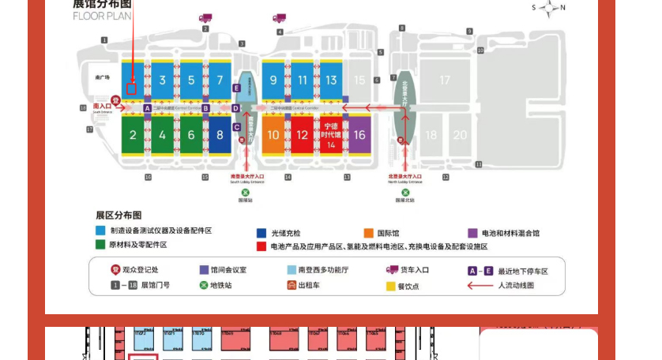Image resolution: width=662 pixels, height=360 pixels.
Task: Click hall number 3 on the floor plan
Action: pos(162,80)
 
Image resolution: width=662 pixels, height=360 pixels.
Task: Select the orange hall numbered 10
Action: pos(273,135)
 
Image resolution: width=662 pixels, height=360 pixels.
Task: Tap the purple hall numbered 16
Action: pos(359,135)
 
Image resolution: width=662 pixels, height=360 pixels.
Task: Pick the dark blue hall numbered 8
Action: pos(220,135)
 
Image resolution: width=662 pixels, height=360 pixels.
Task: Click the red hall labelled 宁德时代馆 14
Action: pos(331,134)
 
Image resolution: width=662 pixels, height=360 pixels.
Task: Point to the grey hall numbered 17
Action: pos(445,80)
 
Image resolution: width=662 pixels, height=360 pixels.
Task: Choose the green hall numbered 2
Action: pos(133,135)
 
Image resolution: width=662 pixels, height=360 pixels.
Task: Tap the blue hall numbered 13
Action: pos(331,80)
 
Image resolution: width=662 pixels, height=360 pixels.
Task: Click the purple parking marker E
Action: pos(236,88)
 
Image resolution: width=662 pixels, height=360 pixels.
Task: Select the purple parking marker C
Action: pos(236,126)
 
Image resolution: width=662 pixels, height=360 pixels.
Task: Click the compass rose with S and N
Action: pos(547,8)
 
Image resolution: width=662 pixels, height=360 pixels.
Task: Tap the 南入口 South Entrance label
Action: pos(102,107)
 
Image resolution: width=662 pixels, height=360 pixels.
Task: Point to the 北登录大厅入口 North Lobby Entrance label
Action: pos(404,178)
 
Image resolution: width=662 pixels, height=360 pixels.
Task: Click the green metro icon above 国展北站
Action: pos(404,191)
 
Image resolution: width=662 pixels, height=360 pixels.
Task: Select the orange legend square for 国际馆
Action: pos(369,233)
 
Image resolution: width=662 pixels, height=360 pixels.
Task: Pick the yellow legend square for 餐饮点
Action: pos(390,285)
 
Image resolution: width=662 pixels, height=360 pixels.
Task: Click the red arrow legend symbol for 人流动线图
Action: pos(480,285)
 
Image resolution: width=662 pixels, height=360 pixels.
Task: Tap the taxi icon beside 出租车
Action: pos(292,285)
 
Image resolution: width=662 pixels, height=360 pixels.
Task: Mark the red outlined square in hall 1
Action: pos(132,88)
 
